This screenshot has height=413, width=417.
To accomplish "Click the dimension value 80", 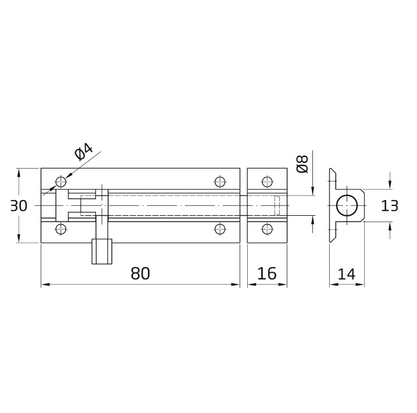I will (140, 273).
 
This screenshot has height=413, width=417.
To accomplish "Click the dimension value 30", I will (19, 206).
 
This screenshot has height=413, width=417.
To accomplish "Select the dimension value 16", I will (267, 273).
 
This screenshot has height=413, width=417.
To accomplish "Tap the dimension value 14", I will (347, 273).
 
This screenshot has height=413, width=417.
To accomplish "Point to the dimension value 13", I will (390, 206).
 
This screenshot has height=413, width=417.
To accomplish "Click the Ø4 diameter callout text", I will (84, 152).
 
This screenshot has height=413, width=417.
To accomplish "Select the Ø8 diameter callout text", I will (302, 165).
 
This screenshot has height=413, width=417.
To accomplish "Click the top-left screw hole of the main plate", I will (60, 181).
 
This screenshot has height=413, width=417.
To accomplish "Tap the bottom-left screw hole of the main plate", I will (60, 229).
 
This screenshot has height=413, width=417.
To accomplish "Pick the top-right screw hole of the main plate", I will (219, 181).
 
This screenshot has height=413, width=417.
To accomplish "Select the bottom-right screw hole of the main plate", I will (219, 229).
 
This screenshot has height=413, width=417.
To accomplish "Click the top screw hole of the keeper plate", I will (267, 181).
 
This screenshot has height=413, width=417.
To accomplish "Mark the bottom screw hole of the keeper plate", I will (267, 229).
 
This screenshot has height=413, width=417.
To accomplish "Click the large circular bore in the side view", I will (347, 206).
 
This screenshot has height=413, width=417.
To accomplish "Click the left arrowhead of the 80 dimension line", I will (45, 285).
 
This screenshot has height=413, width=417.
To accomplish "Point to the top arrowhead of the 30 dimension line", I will (19, 172).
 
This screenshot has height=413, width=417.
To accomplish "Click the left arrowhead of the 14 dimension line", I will (333, 285).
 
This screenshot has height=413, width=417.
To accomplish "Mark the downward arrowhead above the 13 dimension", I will (390, 185).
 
